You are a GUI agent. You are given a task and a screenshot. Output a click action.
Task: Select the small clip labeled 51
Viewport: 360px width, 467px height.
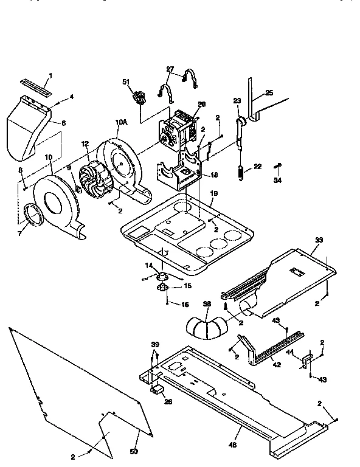[140, 97]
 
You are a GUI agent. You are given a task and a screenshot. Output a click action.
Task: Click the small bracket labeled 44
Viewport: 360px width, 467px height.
[307, 361]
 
